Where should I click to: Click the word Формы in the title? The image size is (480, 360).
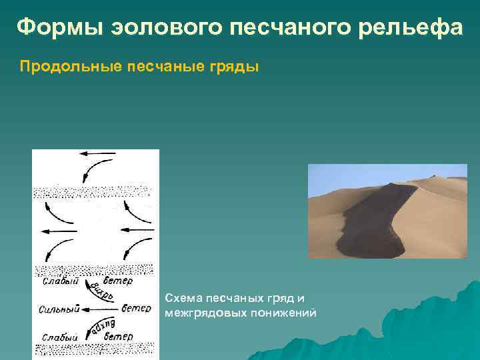click(x=53, y=27)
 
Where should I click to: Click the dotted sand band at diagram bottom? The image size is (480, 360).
click(x=93, y=349)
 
